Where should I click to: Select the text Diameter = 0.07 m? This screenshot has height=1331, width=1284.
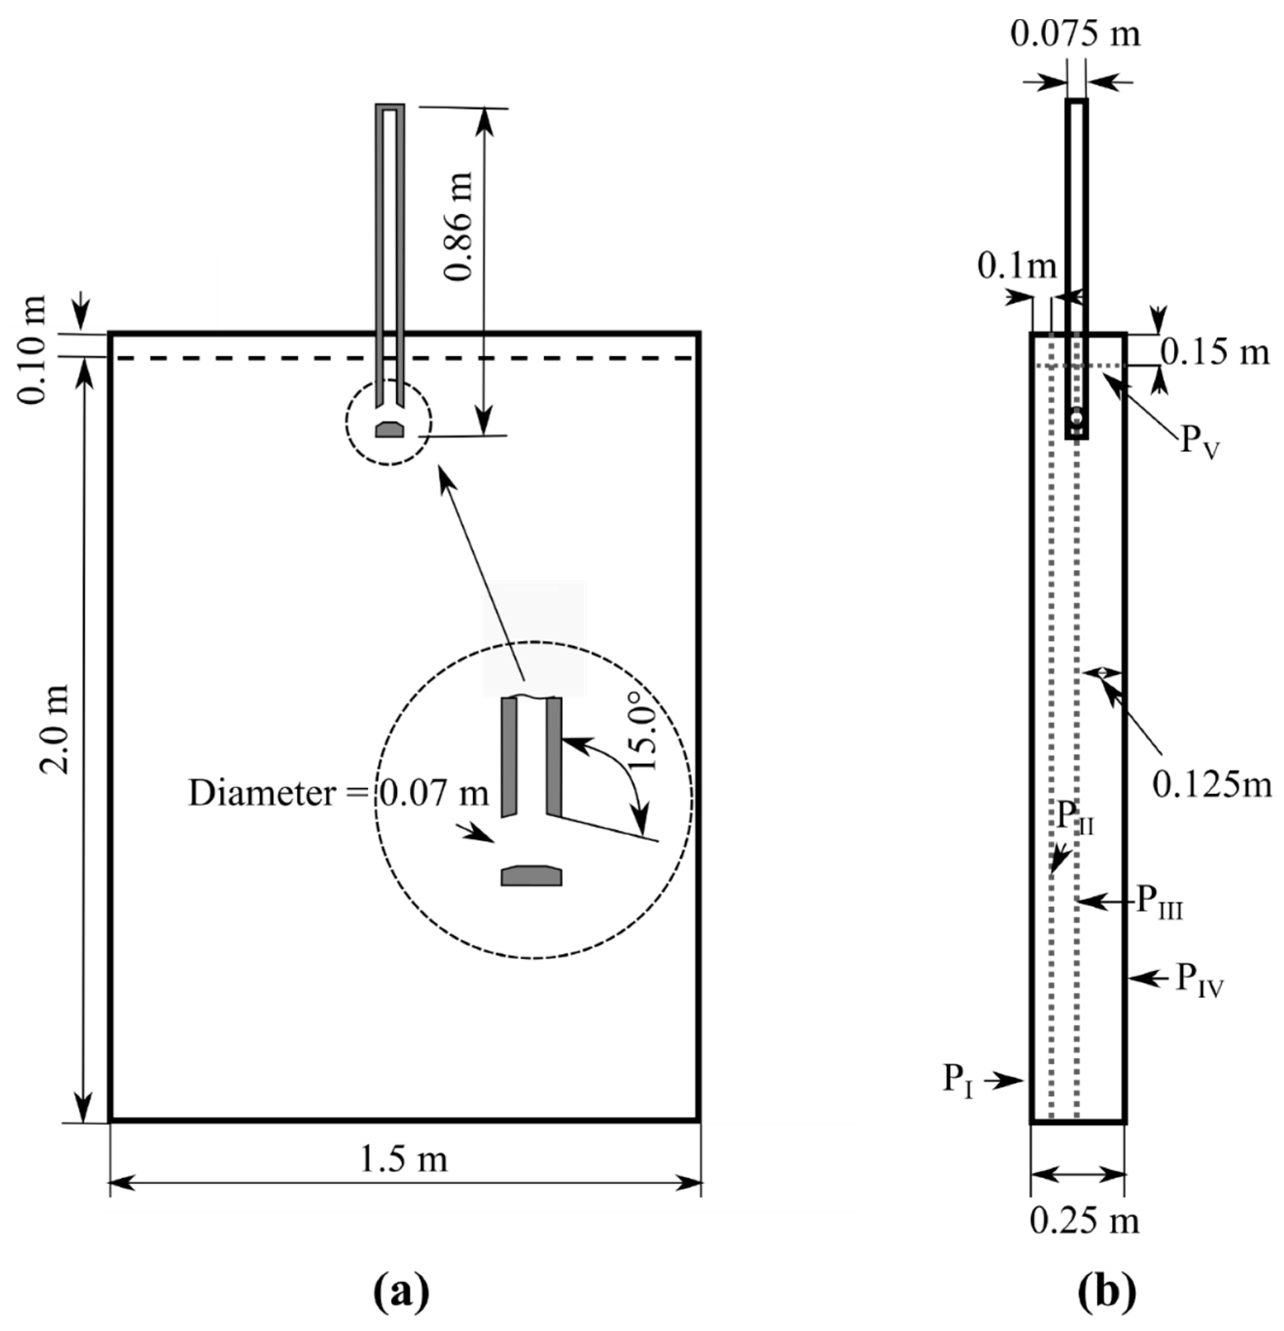pos(338,793)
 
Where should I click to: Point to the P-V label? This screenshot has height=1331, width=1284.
pos(1201,441)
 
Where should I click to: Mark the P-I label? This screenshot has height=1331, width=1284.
pos(958,1078)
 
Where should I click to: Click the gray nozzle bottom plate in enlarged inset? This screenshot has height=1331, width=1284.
pos(531,876)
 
